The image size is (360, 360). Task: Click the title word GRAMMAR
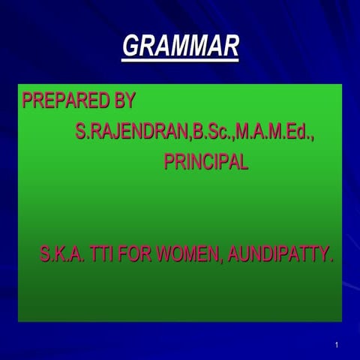180,46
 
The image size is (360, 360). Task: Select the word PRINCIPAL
205,163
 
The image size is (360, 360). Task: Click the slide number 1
338,345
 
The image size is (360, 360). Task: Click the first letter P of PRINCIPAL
169,163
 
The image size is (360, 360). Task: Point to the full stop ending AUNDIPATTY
331,261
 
